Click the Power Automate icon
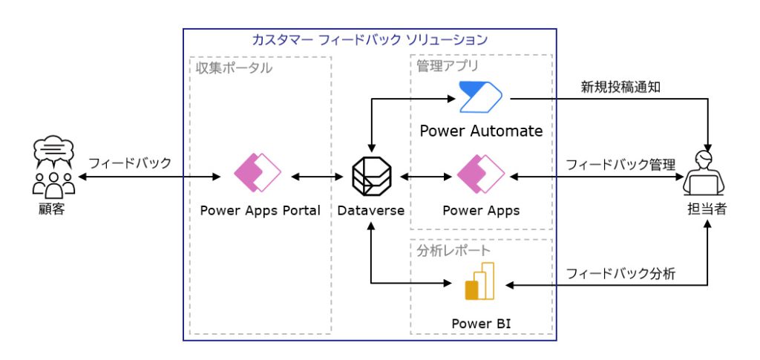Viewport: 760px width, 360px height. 480,96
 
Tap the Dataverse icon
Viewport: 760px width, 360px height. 370,177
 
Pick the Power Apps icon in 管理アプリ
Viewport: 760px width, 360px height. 480,173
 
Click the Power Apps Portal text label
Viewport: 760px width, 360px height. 260,210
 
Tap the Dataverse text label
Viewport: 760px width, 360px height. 370,210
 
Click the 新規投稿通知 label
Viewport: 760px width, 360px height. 620,87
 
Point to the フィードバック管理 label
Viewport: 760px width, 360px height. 620,164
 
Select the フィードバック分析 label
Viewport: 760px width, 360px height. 620,273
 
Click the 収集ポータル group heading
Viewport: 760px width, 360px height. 233,68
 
